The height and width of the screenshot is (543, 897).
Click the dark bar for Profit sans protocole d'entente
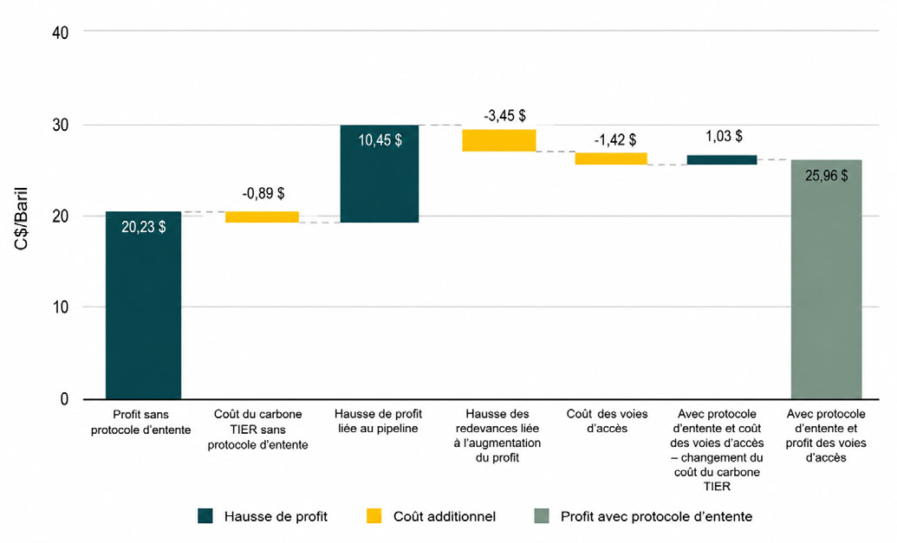tap(144, 305)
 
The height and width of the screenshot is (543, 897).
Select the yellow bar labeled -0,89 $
tap(262, 217)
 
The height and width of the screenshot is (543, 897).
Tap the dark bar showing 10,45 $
tap(380, 174)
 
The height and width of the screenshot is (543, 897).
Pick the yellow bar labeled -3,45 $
tap(499, 140)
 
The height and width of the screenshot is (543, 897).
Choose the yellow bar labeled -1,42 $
tap(611, 158)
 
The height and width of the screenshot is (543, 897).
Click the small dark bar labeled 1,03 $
tap(722, 159)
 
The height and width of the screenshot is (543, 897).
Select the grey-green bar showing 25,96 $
tap(826, 280)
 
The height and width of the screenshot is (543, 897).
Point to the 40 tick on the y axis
tap(60, 33)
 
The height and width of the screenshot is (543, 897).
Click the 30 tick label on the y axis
tap(60, 126)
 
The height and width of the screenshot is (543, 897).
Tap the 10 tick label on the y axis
tap(60, 307)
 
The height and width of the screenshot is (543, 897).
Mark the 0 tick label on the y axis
tap(64, 399)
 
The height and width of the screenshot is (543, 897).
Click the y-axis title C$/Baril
tap(21, 217)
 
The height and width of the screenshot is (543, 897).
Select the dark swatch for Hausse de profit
tap(205, 516)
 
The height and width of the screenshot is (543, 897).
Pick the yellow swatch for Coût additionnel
tap(374, 516)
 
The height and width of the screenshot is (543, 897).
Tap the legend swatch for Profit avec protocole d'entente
tap(541, 516)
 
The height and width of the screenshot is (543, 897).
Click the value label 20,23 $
tap(144, 227)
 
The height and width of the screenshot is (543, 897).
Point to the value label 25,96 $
tap(826, 176)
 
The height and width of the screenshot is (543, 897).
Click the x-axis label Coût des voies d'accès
tap(607, 421)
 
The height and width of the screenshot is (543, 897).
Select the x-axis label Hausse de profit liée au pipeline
tap(378, 421)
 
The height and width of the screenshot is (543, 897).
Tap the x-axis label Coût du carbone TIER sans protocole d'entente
tap(258, 430)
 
